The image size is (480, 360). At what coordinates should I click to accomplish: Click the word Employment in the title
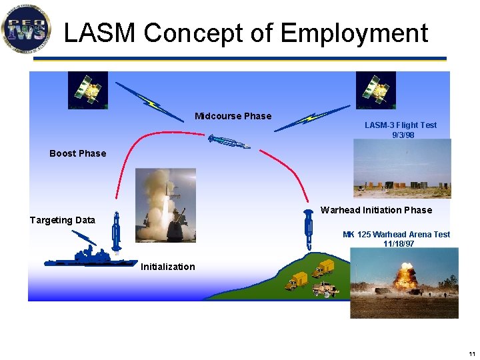point(355,33)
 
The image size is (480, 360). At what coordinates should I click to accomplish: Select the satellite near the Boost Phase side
point(87,89)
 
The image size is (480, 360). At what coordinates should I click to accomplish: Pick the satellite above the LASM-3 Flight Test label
point(375,89)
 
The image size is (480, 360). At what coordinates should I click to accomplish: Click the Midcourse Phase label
point(233,116)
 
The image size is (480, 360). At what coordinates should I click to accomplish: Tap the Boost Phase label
point(77,153)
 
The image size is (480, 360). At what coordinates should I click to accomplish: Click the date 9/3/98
point(403,135)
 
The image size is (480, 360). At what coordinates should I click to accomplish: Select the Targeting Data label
point(62,220)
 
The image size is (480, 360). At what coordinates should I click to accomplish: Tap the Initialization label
point(167,267)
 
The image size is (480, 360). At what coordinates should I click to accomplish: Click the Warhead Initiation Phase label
point(376,210)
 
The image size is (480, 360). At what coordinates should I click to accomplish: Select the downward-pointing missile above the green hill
point(309,229)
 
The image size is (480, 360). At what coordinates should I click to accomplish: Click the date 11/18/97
point(399,244)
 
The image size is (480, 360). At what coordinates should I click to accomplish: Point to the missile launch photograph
point(165,204)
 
